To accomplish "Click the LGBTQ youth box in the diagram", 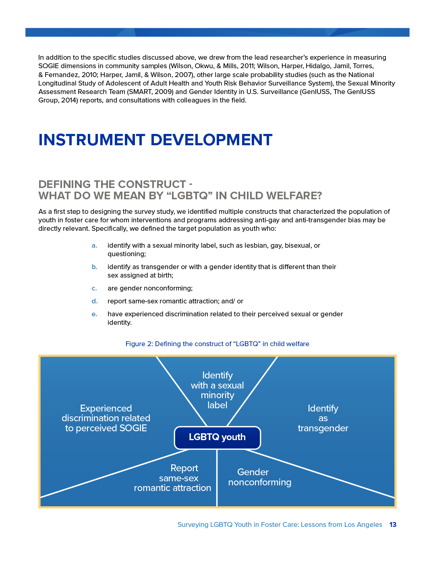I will point(217,437).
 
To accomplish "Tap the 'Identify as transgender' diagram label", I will point(323,418).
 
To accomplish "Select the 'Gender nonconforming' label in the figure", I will point(259,477).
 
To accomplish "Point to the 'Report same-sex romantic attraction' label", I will point(173,478).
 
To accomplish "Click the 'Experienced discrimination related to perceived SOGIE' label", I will point(106,418).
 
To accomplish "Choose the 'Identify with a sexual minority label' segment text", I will point(217,390).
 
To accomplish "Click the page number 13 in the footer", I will point(393,524).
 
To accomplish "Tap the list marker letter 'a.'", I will point(94,245).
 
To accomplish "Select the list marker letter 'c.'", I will point(94,288).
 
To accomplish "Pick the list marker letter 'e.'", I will point(94,314).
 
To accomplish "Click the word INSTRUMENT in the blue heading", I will point(91,140).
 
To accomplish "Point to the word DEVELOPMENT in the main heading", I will point(211,140).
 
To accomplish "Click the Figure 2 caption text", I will point(217,344).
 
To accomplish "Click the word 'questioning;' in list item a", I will point(126,254).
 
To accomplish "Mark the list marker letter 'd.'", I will point(94,301).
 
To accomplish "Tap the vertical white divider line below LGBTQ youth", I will point(217,478).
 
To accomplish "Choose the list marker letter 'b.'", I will point(94,267).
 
